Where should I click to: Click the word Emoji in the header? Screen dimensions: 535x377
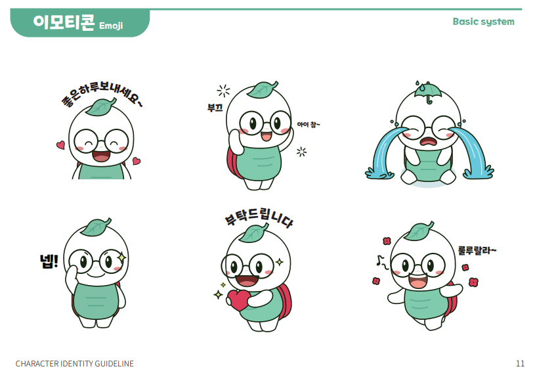tap(111, 26)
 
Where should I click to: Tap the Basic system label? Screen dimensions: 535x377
tap(484, 22)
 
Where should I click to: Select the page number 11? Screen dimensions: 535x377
tap(520, 363)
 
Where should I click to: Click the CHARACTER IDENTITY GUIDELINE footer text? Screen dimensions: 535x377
tap(74, 364)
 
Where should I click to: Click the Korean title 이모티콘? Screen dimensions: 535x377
tap(64, 22)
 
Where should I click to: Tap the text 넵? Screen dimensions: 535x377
tap(49, 261)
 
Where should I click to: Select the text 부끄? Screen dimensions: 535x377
tap(215, 108)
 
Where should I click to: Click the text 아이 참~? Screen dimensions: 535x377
tap(309, 124)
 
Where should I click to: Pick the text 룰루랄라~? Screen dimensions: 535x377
tap(477, 251)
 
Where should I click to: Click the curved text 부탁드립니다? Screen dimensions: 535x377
tap(259, 217)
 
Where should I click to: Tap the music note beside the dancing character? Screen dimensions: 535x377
tap(382, 262)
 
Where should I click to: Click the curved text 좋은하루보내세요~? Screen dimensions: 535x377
tap(101, 93)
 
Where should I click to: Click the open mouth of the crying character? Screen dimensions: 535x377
tap(428, 141)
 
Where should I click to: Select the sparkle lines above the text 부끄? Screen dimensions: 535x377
tap(223, 91)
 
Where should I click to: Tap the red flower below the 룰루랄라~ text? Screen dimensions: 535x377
tap(465, 267)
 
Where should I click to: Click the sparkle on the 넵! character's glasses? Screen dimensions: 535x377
tap(121, 257)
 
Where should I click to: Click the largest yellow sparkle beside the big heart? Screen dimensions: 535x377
tap(218, 294)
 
